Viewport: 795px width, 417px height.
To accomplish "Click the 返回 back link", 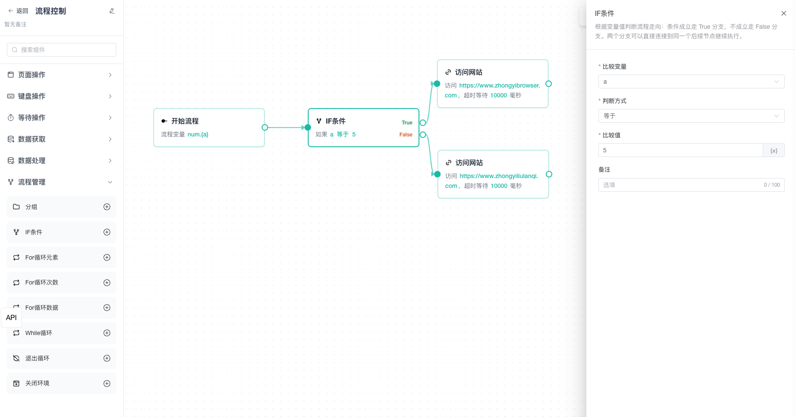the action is [x=18, y=11].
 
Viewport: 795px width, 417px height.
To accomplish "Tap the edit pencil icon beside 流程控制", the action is [x=112, y=11].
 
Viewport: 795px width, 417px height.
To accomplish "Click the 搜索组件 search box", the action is [x=61, y=50].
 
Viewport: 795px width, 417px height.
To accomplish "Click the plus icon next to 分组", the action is [x=107, y=207].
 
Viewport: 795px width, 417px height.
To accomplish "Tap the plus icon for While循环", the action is [x=107, y=333].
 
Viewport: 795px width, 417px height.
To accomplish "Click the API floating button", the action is [x=12, y=318].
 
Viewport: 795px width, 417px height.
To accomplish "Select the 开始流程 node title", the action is [x=185, y=121].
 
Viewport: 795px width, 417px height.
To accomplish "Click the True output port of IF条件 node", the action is [x=423, y=123].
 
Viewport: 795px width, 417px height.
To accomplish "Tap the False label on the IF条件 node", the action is [x=406, y=135].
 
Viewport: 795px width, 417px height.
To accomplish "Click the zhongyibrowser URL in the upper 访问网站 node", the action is [x=492, y=91].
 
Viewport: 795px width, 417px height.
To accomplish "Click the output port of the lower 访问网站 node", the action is [x=549, y=174].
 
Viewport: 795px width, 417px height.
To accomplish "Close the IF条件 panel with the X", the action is [x=784, y=13].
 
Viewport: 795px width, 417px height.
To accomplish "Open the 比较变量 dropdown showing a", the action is [x=691, y=82].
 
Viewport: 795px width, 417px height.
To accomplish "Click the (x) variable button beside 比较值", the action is [x=774, y=151].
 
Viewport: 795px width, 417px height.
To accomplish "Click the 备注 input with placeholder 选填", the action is [x=691, y=185].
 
